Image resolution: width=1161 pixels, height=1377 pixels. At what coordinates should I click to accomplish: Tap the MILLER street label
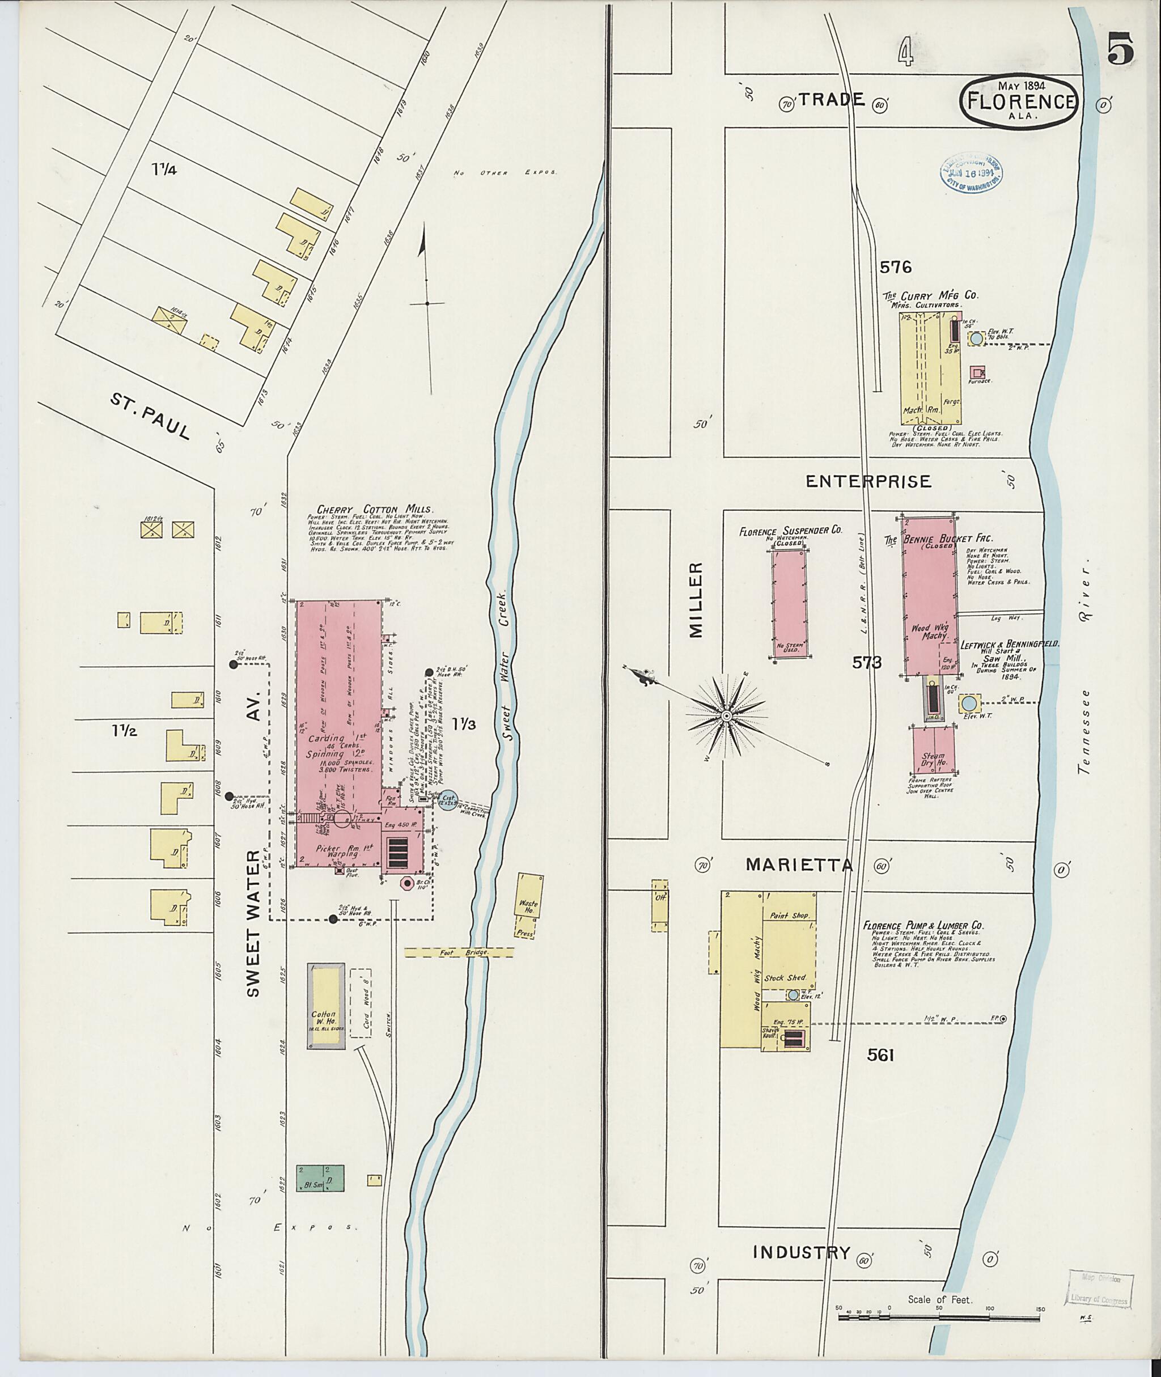pyautogui.click(x=696, y=600)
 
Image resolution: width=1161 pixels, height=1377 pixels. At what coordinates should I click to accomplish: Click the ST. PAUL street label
pyautogui.click(x=150, y=416)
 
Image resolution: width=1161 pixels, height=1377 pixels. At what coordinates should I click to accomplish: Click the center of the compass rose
pyautogui.click(x=726, y=715)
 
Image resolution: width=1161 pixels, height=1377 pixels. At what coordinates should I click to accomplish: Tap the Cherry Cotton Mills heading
pyautogui.click(x=375, y=510)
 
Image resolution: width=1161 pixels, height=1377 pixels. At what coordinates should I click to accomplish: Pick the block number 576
pyautogui.click(x=896, y=267)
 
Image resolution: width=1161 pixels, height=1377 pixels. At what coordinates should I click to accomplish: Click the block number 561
pyautogui.click(x=880, y=1055)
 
